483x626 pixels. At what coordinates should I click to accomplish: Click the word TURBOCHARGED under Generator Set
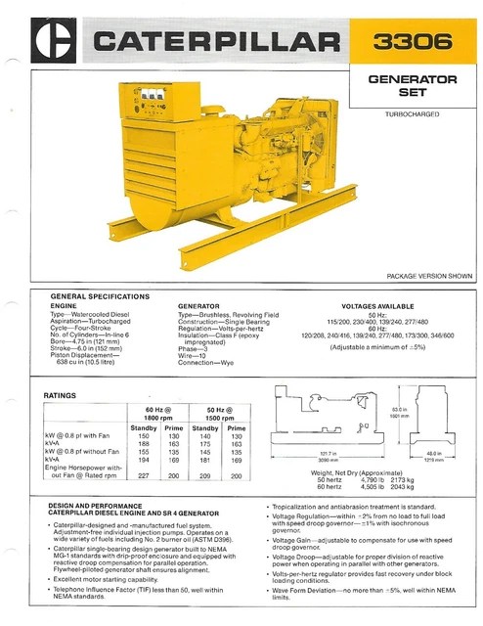[x=412, y=114]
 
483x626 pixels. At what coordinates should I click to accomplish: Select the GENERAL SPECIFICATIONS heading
[x=100, y=295]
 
